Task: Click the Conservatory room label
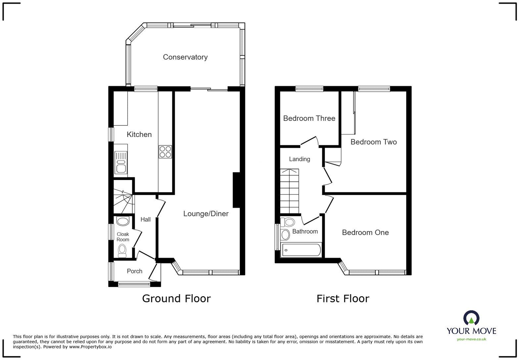tap(185, 57)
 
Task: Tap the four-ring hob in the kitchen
tap(165, 152)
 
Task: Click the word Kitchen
tap(139, 134)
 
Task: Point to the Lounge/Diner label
tap(206, 214)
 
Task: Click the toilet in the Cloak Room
tap(122, 250)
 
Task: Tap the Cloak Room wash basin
tap(123, 221)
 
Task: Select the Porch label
tap(134, 271)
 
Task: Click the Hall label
tap(145, 219)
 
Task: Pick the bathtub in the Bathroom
tap(301, 250)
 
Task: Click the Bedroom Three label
tap(309, 118)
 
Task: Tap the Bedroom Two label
tap(373, 142)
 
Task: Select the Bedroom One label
tap(365, 233)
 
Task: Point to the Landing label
tap(299, 159)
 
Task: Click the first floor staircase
tap(289, 191)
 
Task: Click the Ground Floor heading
tap(176, 298)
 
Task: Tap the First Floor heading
tap(343, 298)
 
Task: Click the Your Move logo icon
tap(471, 318)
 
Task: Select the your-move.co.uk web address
tap(471, 339)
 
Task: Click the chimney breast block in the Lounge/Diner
tap(236, 190)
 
